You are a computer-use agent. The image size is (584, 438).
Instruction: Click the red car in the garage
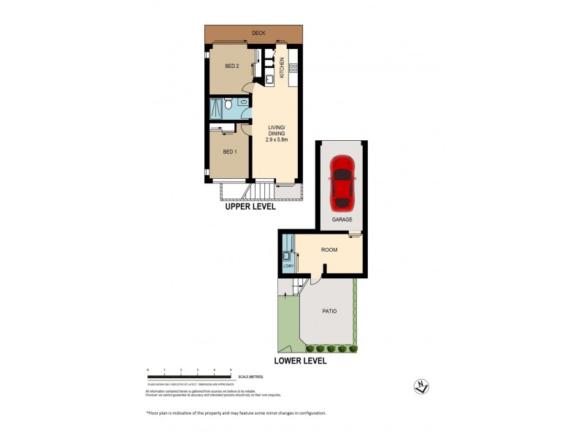(x=342, y=182)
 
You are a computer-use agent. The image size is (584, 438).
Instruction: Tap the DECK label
(x=258, y=33)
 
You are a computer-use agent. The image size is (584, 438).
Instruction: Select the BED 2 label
(x=232, y=66)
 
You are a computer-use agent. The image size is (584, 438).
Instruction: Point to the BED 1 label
(x=229, y=151)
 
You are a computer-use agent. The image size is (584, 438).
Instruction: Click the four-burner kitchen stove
(x=294, y=68)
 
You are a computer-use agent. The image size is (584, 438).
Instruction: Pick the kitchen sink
(x=269, y=77)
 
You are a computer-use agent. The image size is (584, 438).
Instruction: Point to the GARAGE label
(x=342, y=219)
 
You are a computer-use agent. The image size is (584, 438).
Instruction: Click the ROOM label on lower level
(x=330, y=250)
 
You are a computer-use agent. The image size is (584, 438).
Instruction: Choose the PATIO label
(x=329, y=311)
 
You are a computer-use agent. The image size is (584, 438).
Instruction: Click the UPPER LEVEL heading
(x=250, y=207)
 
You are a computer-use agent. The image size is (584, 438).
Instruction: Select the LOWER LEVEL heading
(x=300, y=361)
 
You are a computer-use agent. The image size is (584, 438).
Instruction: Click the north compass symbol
(x=420, y=388)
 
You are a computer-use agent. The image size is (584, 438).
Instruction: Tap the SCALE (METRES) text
(x=250, y=376)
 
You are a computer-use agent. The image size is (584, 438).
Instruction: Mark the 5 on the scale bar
(x=231, y=371)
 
